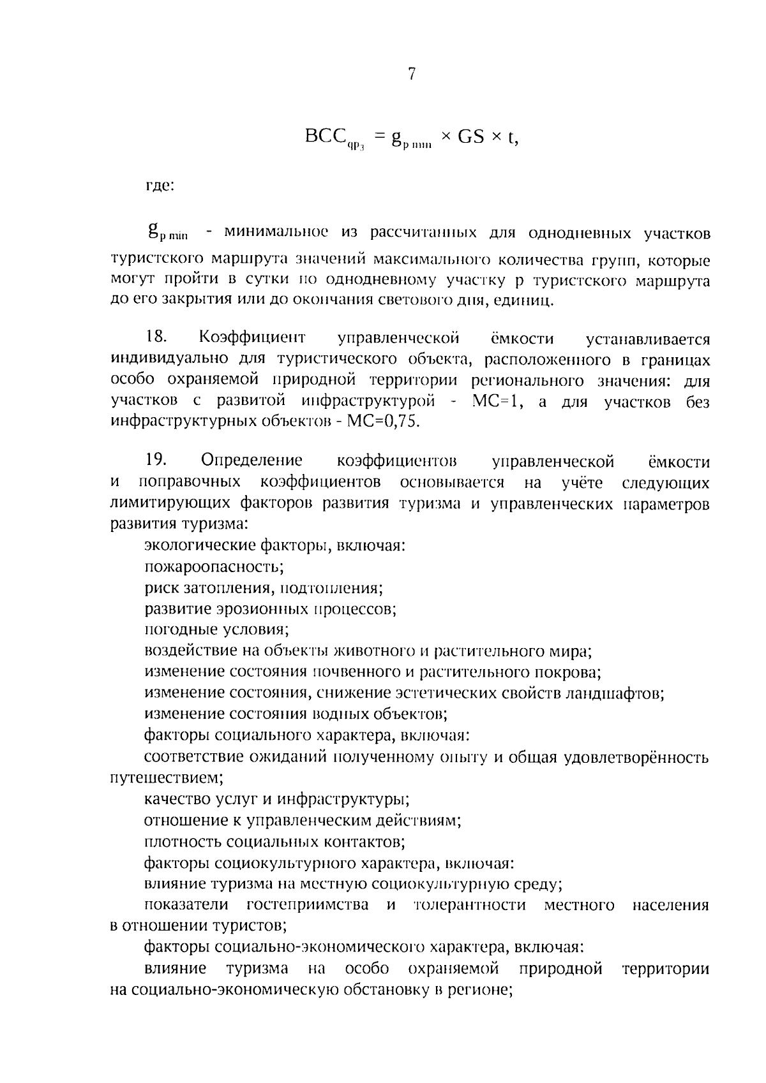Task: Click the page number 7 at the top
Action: point(412,75)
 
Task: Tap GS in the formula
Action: point(470,137)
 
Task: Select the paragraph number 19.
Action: point(156,460)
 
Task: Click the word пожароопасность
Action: point(213,566)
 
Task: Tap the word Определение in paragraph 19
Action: point(252,460)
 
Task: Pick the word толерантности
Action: point(470,906)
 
